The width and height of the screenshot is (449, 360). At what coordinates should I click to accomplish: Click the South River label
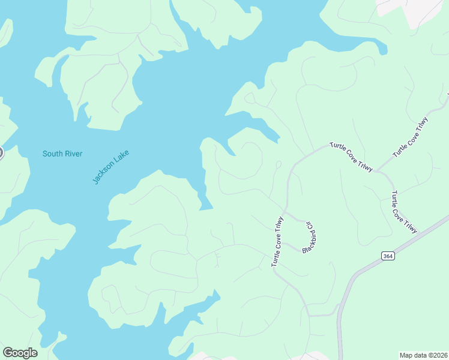coord(62,154)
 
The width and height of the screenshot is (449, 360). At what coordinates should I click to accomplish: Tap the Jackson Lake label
coord(111,166)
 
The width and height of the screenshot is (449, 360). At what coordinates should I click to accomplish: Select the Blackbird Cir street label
coord(309,237)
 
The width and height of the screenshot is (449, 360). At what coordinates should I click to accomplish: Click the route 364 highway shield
coord(388,256)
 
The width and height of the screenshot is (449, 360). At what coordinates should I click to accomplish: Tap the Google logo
coord(20,353)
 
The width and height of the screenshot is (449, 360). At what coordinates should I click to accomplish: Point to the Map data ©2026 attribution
coord(423,355)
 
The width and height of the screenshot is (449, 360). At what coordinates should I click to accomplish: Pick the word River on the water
coord(73,154)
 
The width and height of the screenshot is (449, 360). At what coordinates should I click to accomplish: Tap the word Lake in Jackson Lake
coord(122,156)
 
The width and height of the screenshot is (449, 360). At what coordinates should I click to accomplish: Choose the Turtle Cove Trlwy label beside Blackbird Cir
coord(277,241)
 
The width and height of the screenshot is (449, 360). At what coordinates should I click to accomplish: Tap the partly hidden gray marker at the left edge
coord(1,153)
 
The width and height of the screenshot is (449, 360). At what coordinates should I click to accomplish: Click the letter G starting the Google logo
coord(8,352)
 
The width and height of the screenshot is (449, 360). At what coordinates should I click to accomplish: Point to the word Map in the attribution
coord(407,355)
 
